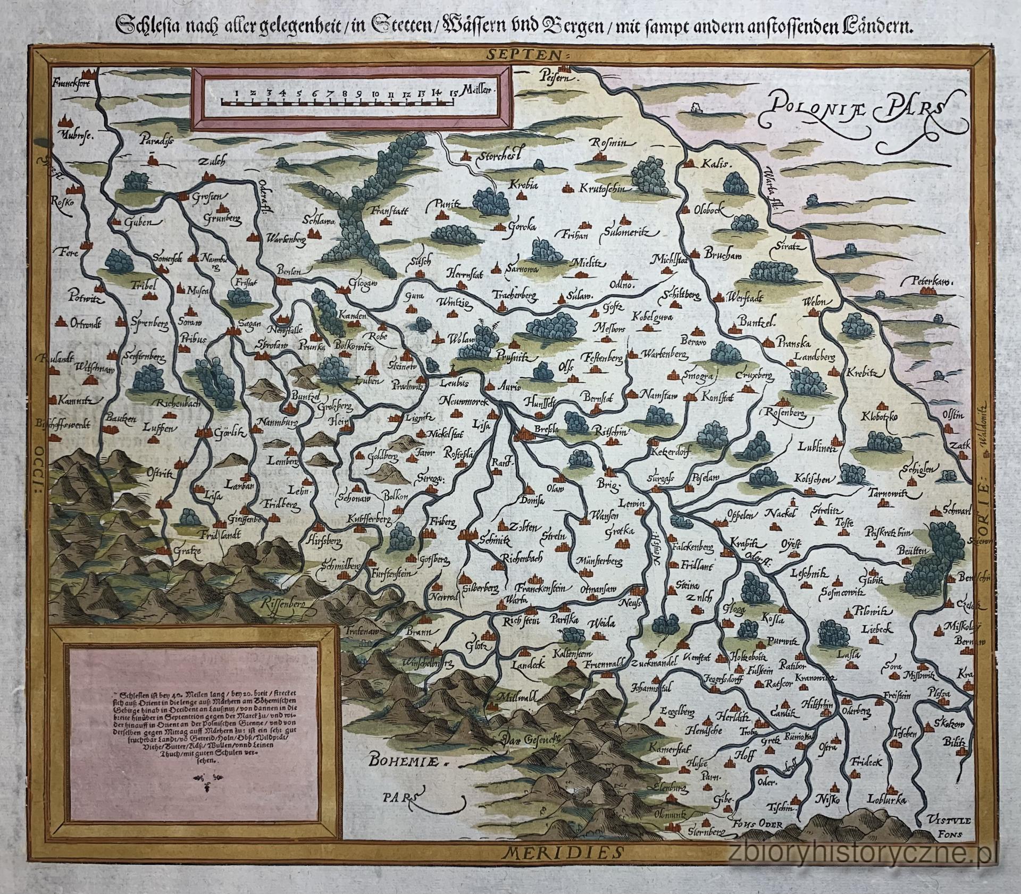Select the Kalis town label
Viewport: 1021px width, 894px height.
pos(717,164)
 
